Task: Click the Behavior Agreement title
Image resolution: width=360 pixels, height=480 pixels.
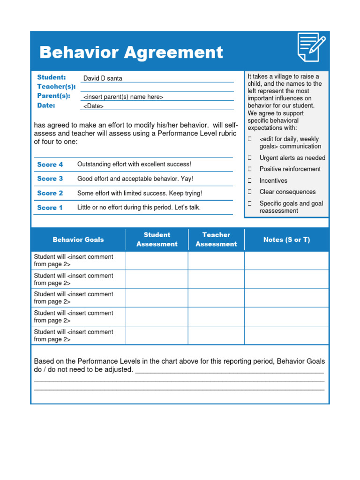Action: tap(131, 52)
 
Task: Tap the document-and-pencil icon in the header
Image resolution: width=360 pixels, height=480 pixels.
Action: tap(311, 47)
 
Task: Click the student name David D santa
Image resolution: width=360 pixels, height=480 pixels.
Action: tap(103, 78)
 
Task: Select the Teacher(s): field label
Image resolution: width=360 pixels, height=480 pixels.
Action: tap(56, 87)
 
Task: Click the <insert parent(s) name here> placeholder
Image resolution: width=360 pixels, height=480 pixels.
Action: tap(123, 97)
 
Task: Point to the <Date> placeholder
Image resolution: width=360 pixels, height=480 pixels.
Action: tap(93, 106)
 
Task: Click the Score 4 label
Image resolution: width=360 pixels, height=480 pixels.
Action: tap(50, 165)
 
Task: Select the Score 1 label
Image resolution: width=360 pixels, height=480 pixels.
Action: tap(50, 208)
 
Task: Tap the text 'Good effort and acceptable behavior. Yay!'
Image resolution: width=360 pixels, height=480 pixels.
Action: tap(135, 179)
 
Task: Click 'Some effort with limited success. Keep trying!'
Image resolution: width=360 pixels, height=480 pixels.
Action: tap(140, 193)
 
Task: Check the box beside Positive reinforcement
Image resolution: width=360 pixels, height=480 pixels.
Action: tap(250, 169)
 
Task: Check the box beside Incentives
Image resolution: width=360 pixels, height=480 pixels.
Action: tap(250, 180)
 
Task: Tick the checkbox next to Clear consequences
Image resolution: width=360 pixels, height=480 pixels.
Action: tap(250, 192)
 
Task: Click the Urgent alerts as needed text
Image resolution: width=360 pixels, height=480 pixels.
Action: tap(292, 158)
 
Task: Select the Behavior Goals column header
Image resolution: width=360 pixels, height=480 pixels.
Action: tap(78, 240)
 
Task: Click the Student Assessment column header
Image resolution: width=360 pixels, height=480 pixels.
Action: tap(157, 240)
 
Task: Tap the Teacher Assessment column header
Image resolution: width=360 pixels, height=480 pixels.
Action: tap(216, 240)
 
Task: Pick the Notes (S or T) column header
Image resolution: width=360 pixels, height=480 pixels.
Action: tap(286, 240)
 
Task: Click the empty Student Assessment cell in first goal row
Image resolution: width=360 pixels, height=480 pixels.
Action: tap(157, 261)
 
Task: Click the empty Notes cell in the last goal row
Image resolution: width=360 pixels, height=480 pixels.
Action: tap(286, 335)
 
